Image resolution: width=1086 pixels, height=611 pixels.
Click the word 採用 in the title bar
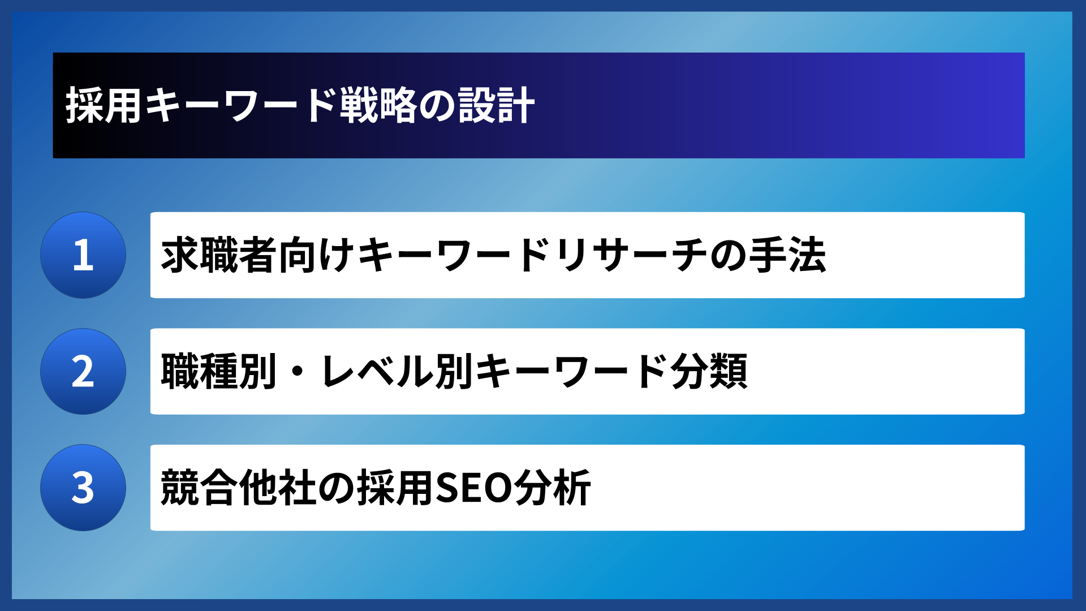[104, 106]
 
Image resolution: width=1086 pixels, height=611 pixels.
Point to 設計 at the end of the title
[497, 106]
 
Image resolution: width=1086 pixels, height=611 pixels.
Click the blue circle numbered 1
[83, 255]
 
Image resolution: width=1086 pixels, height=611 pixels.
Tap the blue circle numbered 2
[83, 372]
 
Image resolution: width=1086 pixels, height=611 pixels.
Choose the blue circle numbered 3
[83, 488]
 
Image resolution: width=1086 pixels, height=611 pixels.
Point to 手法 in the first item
[787, 256]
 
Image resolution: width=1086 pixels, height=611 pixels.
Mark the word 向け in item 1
[317, 256]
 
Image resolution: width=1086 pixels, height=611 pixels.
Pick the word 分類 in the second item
[709, 372]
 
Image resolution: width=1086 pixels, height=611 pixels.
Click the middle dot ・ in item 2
[298, 372]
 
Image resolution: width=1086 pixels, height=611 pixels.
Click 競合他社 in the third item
[238, 488]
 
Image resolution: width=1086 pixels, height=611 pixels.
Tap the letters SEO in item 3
[474, 488]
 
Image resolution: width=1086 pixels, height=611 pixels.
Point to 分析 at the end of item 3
[553, 488]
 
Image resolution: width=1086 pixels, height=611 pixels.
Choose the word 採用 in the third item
[395, 488]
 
